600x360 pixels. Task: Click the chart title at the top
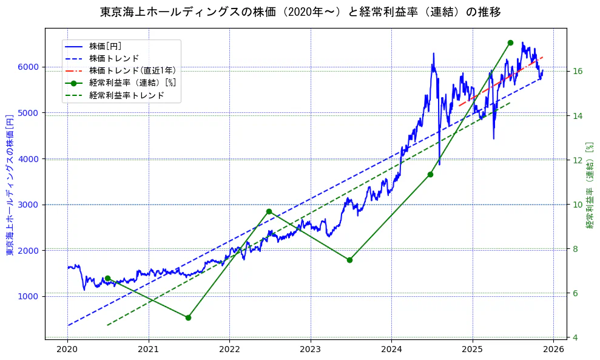point(300,12)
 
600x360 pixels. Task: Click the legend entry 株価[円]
point(106,46)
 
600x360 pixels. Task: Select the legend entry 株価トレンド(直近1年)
point(132,70)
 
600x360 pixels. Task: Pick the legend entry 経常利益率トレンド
point(126,95)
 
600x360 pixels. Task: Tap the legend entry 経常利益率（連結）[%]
point(132,83)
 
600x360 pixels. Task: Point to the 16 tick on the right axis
point(578,71)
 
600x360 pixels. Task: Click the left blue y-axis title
point(10,184)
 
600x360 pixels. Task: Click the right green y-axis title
point(589,185)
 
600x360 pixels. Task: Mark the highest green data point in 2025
point(510,42)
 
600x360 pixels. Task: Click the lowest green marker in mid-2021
point(188,318)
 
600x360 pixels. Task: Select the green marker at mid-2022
point(269,211)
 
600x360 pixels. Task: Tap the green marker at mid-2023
point(349,260)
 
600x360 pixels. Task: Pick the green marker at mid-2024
point(430,174)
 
